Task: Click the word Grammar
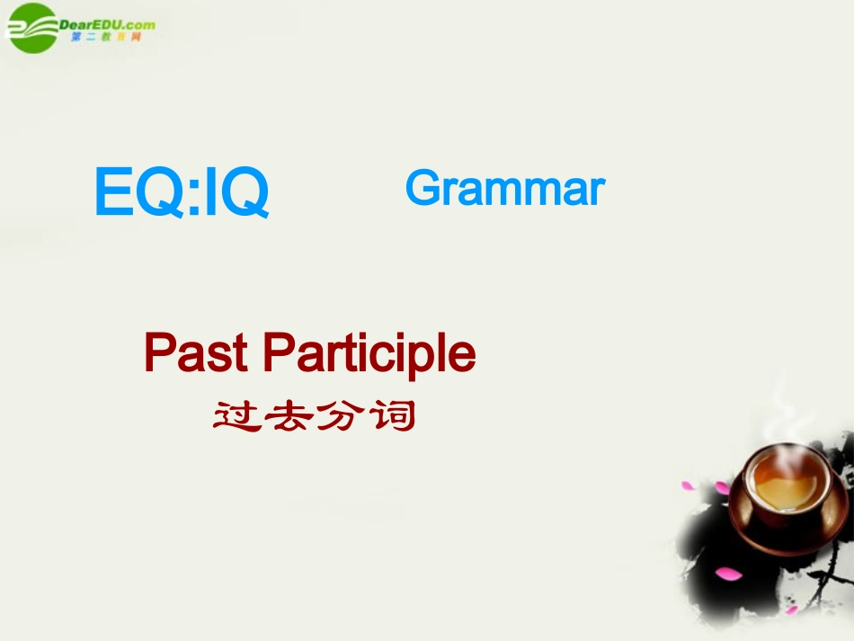pos(505,189)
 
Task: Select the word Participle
pos(369,355)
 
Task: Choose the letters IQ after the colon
pos(236,194)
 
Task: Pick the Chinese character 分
pos(341,415)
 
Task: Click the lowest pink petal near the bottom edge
pos(790,610)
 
